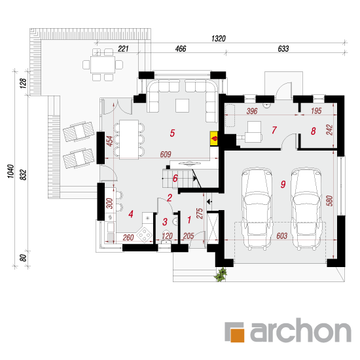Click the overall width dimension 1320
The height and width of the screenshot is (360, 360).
click(x=219, y=39)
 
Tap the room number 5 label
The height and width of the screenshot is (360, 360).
click(x=172, y=133)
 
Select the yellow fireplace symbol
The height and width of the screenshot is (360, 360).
click(x=214, y=138)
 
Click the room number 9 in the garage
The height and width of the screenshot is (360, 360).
click(x=283, y=184)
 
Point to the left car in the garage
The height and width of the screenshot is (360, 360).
click(x=257, y=208)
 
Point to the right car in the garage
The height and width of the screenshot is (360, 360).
click(x=306, y=208)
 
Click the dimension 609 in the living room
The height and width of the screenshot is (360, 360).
click(x=166, y=154)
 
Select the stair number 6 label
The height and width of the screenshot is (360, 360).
click(x=175, y=178)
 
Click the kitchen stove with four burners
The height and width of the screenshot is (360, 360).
click(x=144, y=234)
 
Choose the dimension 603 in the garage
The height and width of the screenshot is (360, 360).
click(x=281, y=236)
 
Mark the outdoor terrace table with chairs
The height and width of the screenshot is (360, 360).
click(x=103, y=65)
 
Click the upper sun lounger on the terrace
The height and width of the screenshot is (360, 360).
click(x=79, y=132)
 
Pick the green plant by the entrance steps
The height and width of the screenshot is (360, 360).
click(x=221, y=275)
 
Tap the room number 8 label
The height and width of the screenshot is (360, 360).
click(x=313, y=131)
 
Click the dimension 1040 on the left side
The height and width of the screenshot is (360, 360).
click(x=10, y=171)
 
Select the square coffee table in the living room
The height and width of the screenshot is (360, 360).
click(x=183, y=105)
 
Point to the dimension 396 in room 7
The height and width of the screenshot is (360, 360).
click(x=252, y=111)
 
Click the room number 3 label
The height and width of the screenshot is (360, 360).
click(x=165, y=222)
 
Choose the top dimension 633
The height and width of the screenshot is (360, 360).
click(x=283, y=48)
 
